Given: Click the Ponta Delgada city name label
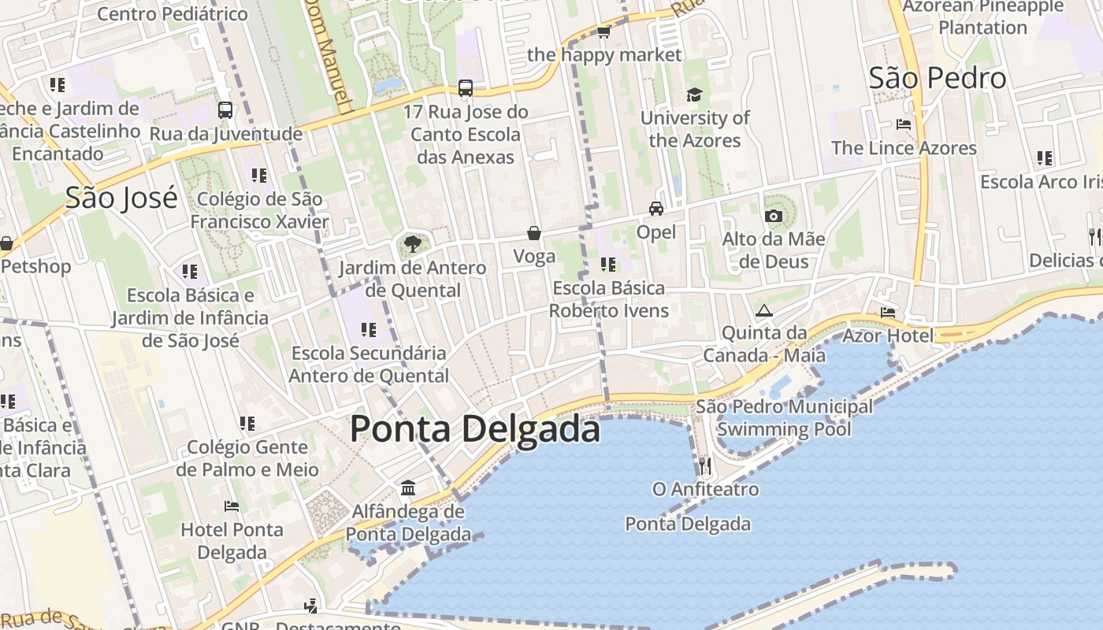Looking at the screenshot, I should click(x=474, y=429).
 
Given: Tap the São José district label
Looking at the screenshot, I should click(x=121, y=198).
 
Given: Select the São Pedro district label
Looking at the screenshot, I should click(x=937, y=78).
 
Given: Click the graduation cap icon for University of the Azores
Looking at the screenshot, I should click(x=694, y=94).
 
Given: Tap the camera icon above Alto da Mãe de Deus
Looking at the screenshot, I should click(x=773, y=216).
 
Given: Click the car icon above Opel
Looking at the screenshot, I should click(x=655, y=209).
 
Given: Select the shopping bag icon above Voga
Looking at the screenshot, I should click(x=534, y=233).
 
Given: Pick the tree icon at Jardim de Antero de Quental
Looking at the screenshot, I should click(x=412, y=244).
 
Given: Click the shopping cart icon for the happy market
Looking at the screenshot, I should click(x=603, y=31).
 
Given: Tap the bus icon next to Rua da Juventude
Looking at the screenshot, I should click(x=225, y=110).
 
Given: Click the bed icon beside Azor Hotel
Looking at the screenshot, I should click(x=888, y=312).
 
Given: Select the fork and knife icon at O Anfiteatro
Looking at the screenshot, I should click(x=705, y=465).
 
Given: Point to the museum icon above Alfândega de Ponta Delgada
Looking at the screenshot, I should click(x=407, y=488).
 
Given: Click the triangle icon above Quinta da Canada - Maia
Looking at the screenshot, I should click(x=763, y=310).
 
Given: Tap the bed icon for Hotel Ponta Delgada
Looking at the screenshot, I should click(x=231, y=506).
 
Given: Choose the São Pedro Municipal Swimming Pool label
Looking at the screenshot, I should click(x=784, y=418).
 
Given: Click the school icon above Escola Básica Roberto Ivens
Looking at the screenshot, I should click(x=607, y=265).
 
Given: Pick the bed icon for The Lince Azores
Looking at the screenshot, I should click(x=904, y=124).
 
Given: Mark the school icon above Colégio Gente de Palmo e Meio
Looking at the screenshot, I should click(x=247, y=424).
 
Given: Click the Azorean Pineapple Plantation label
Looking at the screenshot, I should click(x=982, y=17).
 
